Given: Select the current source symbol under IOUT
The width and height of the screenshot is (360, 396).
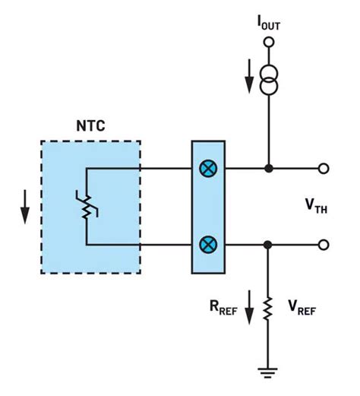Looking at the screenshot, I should tap(267, 78).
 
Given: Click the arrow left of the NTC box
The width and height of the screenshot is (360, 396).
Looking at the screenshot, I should tap(24, 208).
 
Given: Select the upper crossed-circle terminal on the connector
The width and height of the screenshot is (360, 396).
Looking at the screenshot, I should tap(207, 169).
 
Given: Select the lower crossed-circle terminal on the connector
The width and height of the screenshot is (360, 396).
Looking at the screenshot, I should tap(207, 245).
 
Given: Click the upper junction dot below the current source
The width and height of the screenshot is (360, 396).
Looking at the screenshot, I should tap(267, 169).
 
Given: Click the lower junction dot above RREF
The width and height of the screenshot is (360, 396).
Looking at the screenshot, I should tap(267, 245).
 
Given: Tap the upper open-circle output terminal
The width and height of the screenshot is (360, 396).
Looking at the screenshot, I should tap(324, 169).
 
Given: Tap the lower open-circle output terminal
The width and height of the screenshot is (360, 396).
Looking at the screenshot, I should tap(324, 245).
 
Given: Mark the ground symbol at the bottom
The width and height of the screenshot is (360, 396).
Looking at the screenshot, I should tap(267, 373).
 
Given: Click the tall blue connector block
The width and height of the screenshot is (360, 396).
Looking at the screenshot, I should tap(207, 207).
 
